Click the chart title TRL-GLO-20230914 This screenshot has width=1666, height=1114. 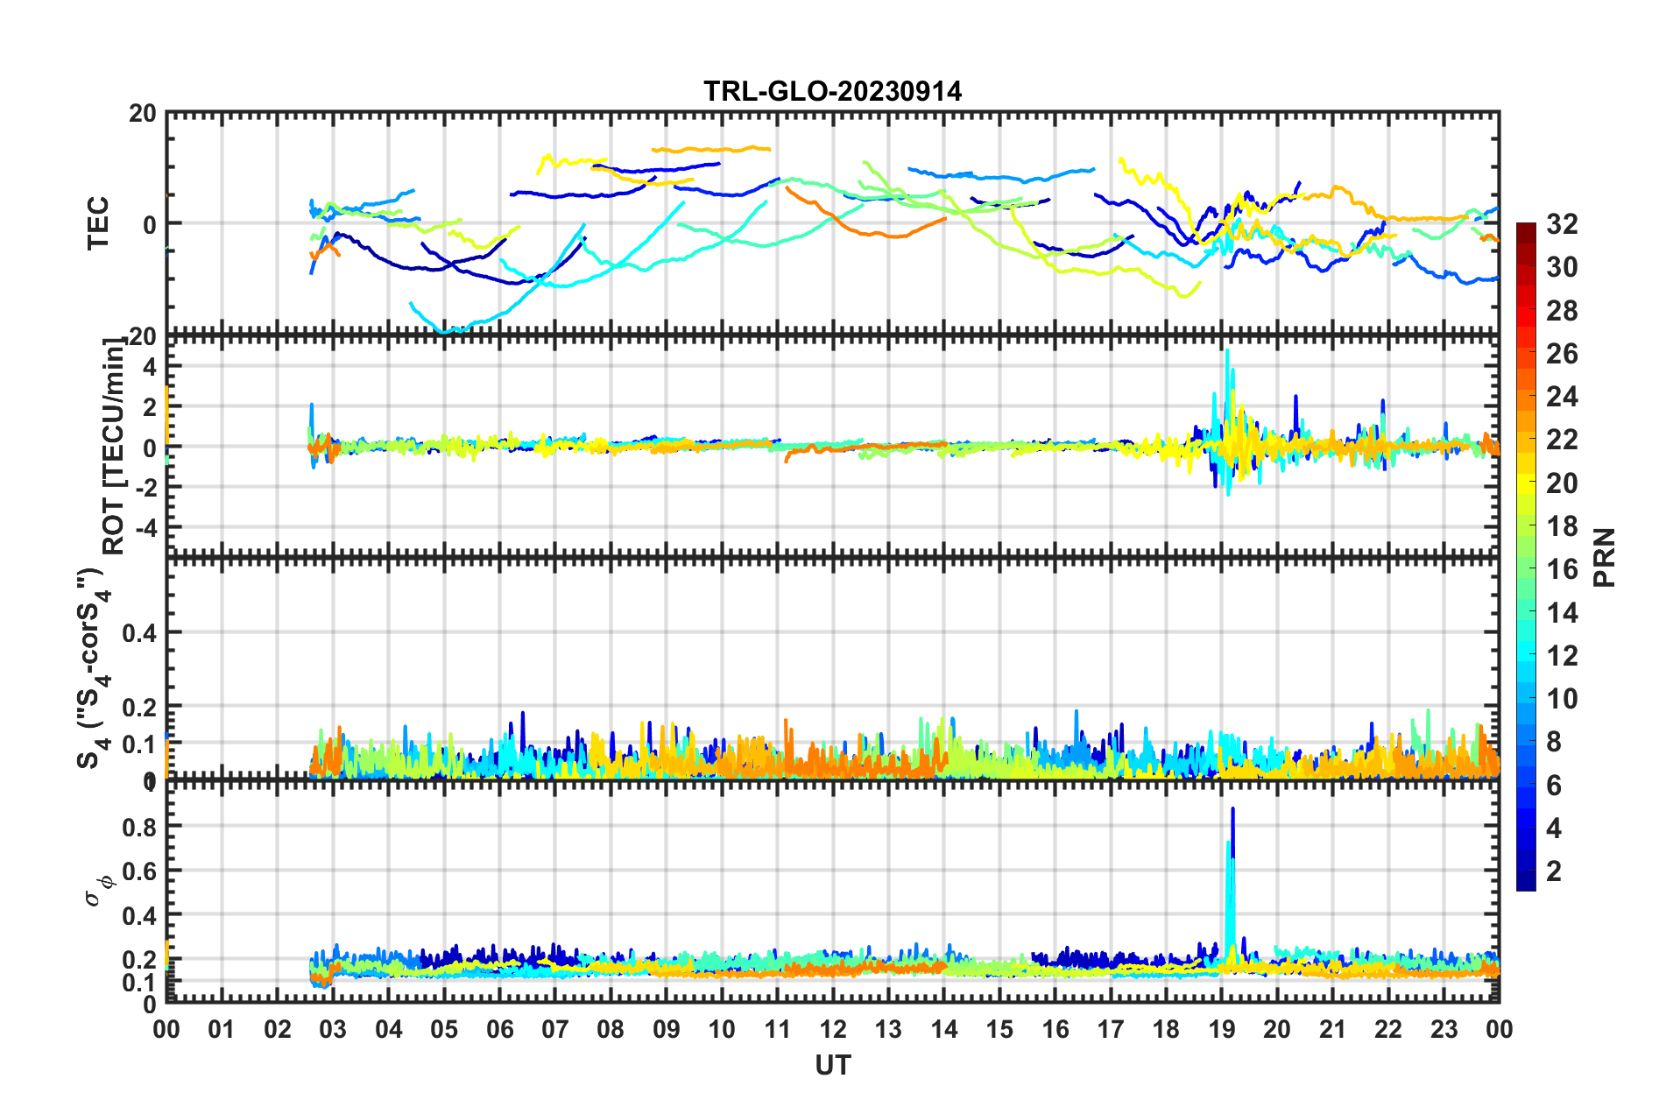tap(832, 91)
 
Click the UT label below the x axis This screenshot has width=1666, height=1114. tap(832, 1065)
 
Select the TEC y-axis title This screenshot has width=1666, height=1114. tap(98, 222)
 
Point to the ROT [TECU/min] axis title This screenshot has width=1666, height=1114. tap(114, 447)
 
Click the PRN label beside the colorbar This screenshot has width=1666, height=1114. tap(1605, 557)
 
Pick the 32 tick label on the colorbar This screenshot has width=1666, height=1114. tap(1562, 224)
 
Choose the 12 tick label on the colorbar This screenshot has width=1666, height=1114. tap(1562, 656)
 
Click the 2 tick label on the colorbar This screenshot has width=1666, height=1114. tap(1554, 871)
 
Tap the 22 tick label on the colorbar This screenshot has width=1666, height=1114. tap(1562, 440)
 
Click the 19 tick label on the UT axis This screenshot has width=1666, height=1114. tap(1222, 1029)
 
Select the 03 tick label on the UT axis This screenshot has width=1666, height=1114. tap(333, 1029)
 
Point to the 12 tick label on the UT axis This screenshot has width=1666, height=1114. tap(833, 1029)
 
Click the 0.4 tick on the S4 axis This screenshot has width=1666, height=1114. tap(140, 632)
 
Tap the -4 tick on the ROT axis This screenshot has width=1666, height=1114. tap(145, 527)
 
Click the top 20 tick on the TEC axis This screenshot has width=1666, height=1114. tap(144, 114)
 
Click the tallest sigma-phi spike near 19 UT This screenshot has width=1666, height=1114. tap(1233, 810)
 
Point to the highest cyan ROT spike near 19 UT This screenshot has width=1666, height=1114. tap(1227, 351)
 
